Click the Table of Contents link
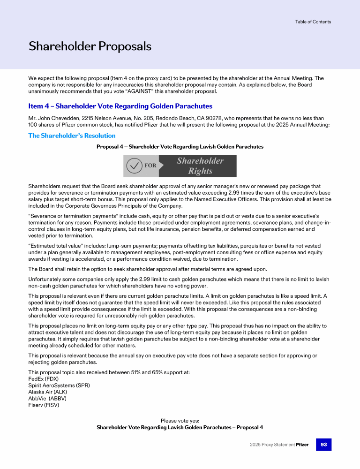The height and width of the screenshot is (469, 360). pos(313,22)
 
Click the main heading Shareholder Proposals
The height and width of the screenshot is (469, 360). pos(90,46)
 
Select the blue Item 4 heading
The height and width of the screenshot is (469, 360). pos(120,106)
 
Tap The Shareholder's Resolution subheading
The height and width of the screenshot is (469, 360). pos(72,136)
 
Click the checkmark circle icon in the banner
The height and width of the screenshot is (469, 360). pos(135,166)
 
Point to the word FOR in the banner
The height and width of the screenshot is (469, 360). pos(150,166)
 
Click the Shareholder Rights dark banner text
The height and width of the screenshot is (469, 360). pos(200,166)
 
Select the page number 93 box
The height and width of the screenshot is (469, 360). pos(323,444)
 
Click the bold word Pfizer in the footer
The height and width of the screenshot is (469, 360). pos(302,445)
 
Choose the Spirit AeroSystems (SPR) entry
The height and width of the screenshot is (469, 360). pos(59,385)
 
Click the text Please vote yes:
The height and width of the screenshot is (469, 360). pos(180,421)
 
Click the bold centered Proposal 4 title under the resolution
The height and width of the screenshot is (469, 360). pos(180,147)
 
